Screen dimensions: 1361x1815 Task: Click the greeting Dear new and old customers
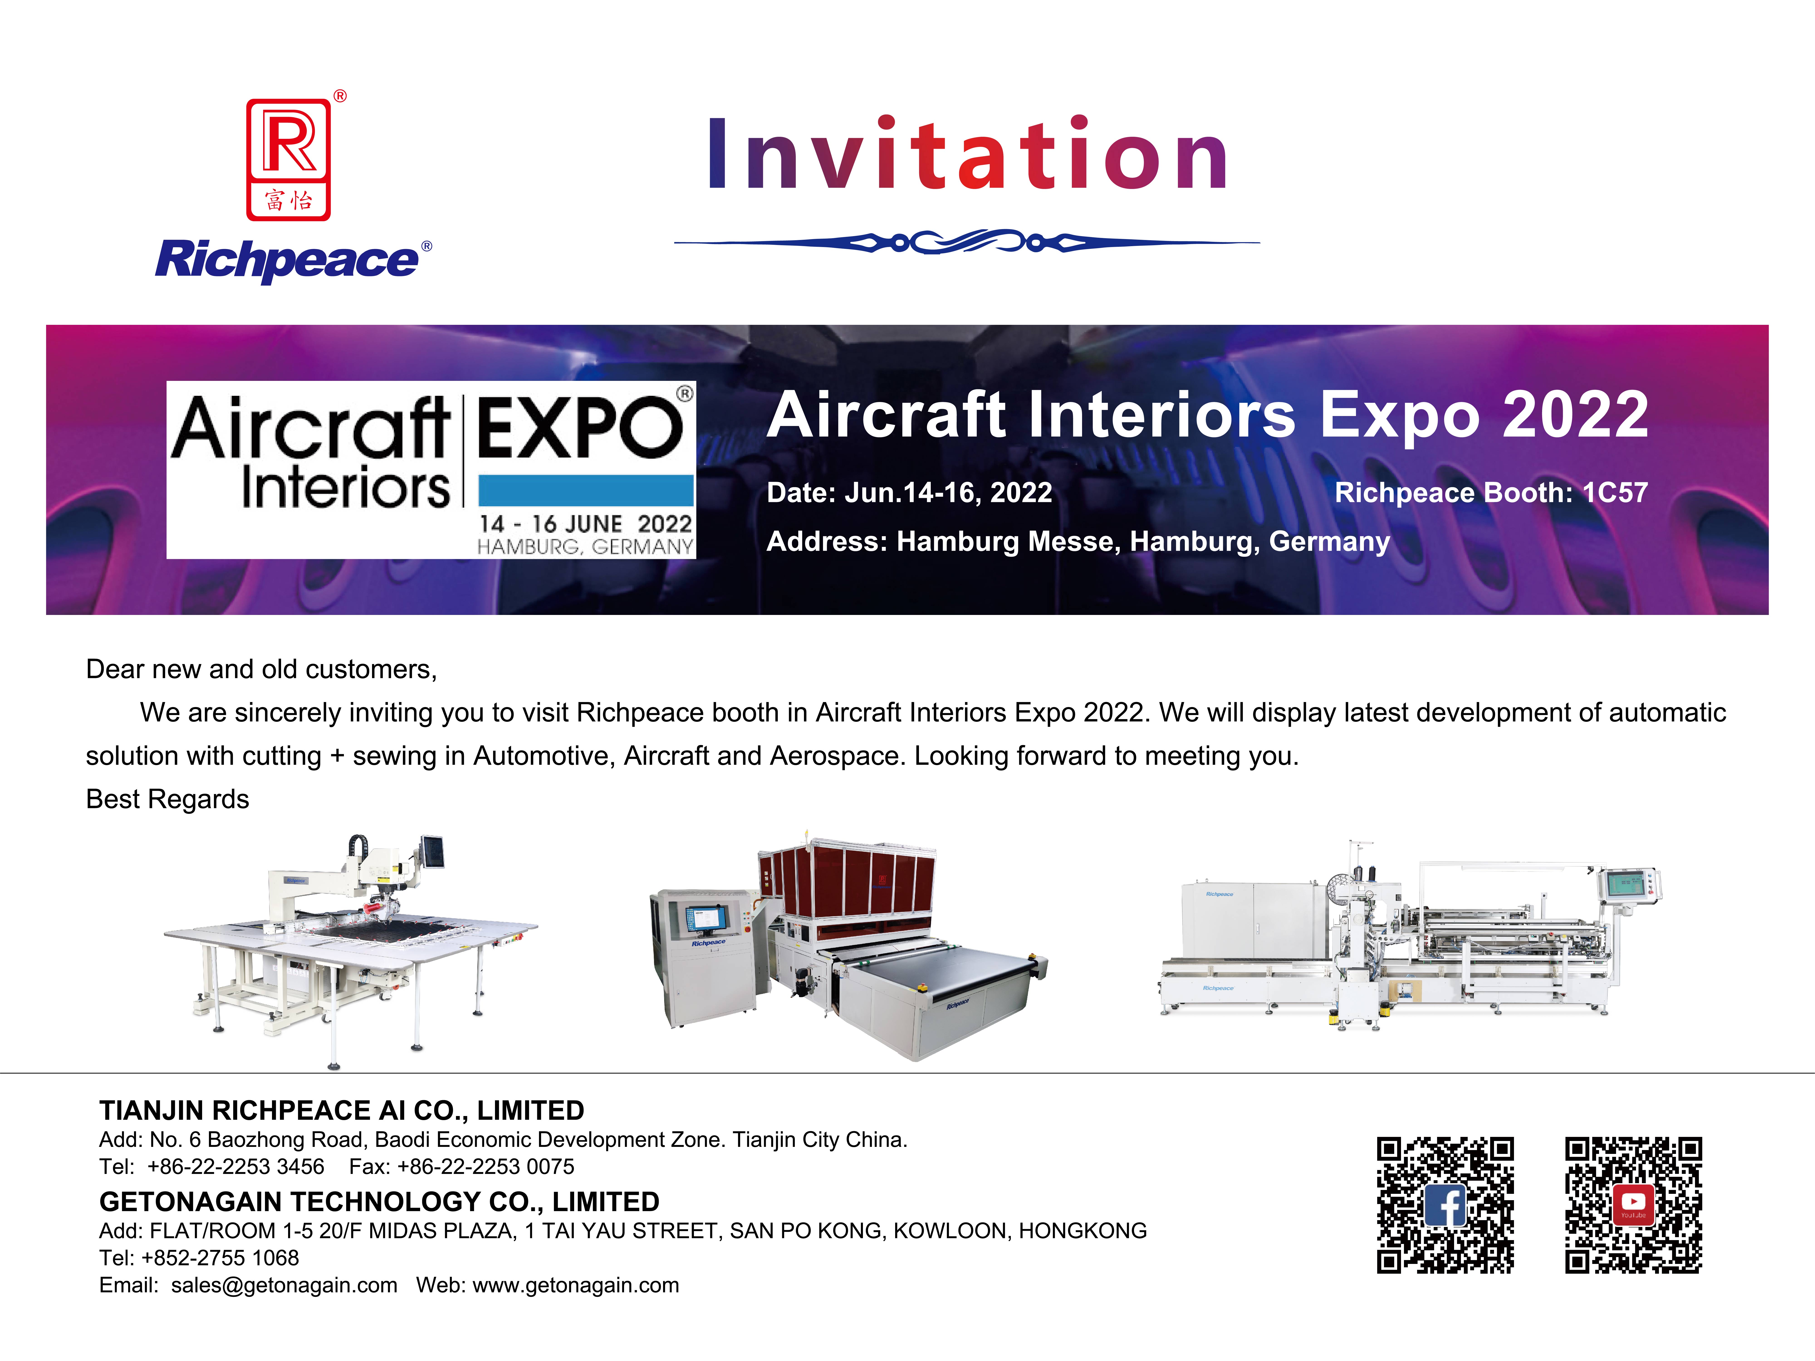click(x=261, y=669)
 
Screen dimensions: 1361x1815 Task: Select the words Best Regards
click(x=167, y=799)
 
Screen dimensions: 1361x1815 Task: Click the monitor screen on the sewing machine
click(x=432, y=852)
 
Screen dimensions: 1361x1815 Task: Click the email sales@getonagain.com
click(x=284, y=1285)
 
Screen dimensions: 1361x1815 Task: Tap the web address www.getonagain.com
click(x=576, y=1285)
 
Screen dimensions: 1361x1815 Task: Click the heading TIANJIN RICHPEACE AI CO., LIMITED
click(x=341, y=1111)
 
